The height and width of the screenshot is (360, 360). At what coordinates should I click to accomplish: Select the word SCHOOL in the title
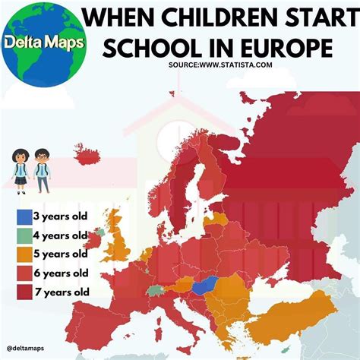point(146,47)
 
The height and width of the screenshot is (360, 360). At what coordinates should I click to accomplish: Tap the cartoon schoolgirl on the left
point(21,172)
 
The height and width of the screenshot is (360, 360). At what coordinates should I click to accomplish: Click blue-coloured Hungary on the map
point(204,287)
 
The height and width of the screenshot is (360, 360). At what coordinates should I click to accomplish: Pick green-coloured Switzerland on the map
point(157,289)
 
